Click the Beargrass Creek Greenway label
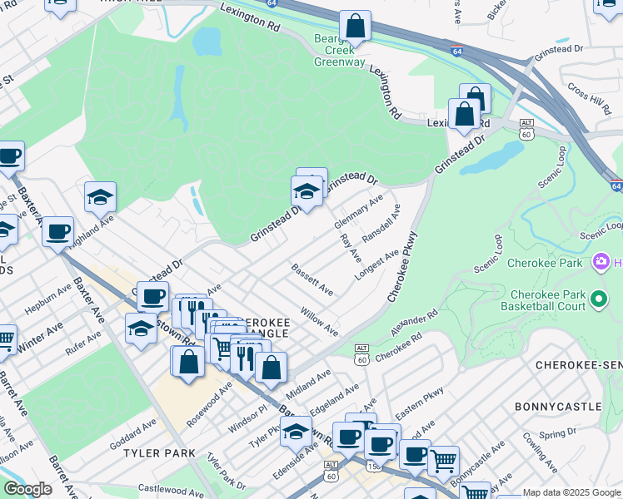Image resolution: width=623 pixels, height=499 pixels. point(339,51)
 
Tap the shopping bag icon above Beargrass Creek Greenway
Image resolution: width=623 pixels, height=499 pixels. point(355,27)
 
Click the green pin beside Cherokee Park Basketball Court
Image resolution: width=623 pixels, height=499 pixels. point(597,298)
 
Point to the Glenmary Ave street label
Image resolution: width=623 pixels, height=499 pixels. point(357,213)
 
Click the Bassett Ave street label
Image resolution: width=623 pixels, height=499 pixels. point(311,279)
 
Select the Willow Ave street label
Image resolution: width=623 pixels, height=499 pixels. point(319,322)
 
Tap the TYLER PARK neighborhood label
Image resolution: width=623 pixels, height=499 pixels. point(159,453)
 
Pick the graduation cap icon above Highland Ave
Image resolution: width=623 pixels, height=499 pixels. point(100,198)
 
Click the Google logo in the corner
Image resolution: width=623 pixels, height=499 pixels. point(27,489)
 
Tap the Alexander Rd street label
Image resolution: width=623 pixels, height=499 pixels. point(414,325)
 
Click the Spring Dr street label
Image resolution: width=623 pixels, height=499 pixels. point(557,435)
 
